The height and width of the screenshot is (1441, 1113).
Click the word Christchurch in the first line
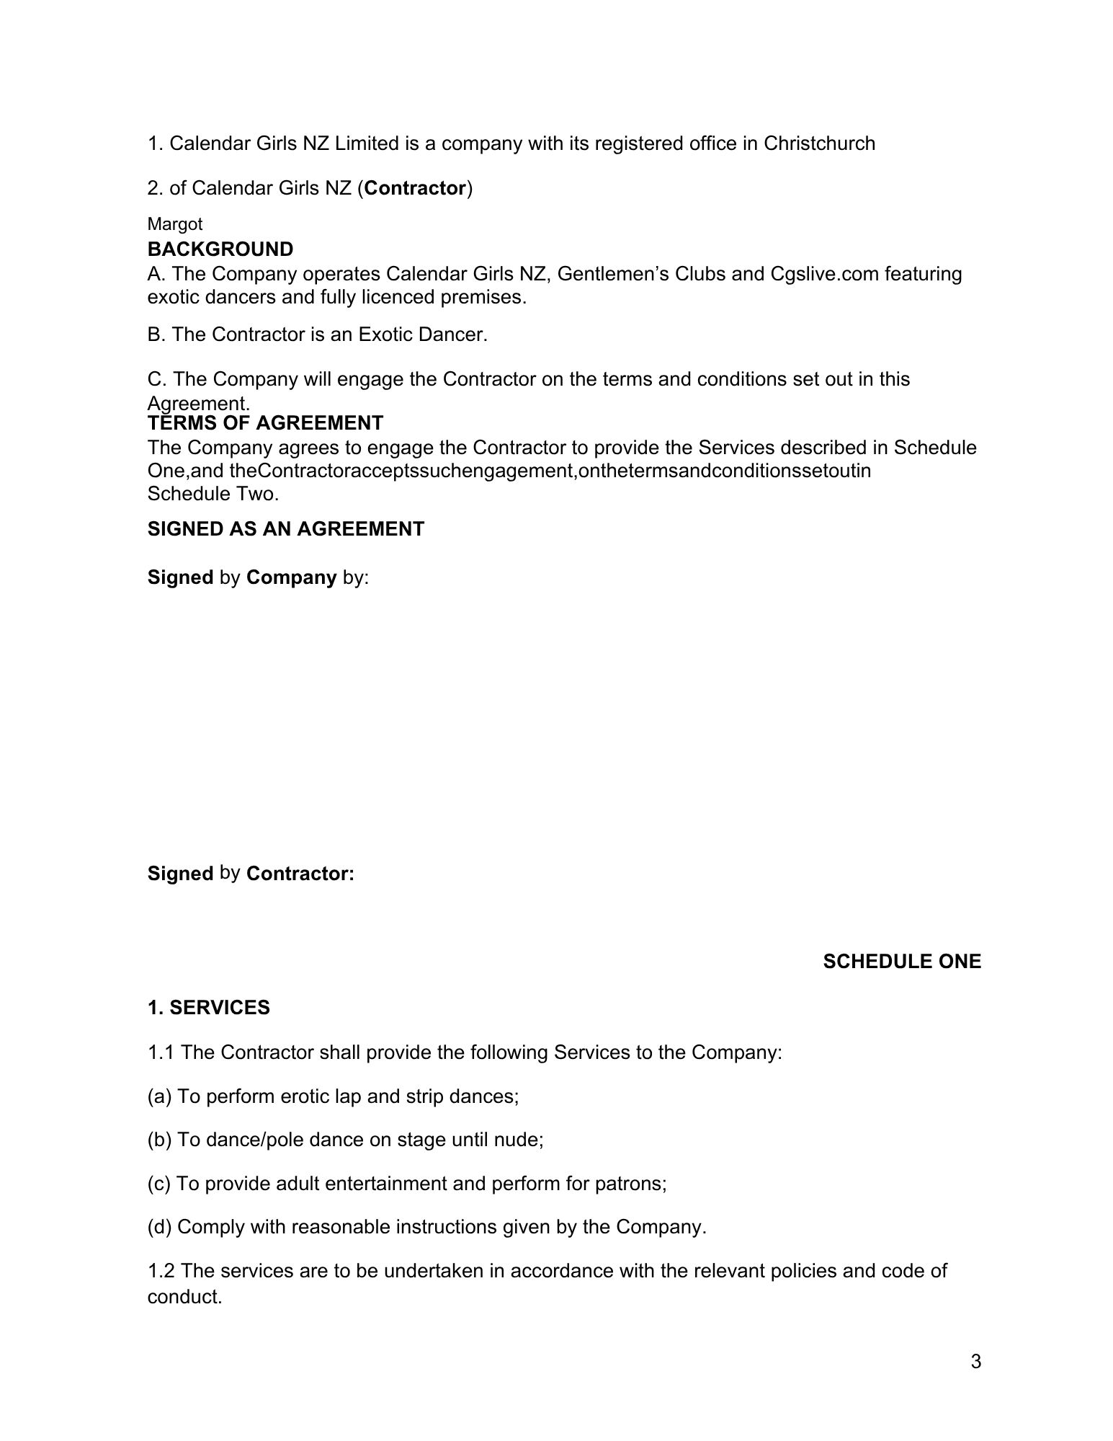pos(819,143)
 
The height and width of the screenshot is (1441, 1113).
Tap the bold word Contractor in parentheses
pos(416,188)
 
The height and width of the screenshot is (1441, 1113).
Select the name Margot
pos(175,224)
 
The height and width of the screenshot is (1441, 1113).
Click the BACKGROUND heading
pos(220,249)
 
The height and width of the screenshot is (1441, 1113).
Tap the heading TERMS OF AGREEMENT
pos(266,422)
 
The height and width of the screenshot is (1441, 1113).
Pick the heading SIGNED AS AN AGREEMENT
pos(286,529)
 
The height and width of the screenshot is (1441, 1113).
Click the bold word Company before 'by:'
pos(292,577)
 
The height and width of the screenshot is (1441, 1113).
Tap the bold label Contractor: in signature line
pos(300,874)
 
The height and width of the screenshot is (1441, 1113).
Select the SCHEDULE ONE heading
pos(902,962)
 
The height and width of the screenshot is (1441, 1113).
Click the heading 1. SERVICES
pos(209,1008)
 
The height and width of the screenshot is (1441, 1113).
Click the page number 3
pos(976,1362)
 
